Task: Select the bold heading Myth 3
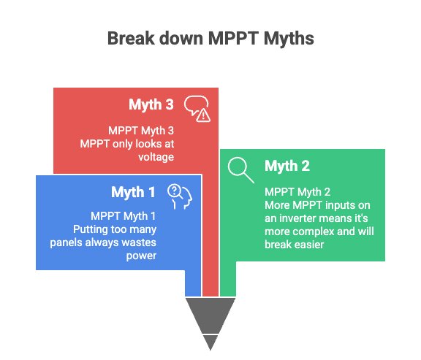click(151, 105)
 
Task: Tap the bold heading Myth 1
click(133, 193)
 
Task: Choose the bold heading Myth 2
click(287, 166)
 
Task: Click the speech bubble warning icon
click(197, 107)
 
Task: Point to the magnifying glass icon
click(240, 169)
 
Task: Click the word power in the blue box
click(143, 256)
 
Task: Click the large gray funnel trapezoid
click(210, 314)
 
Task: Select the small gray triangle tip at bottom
click(210, 341)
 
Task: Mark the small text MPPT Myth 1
click(124, 216)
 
